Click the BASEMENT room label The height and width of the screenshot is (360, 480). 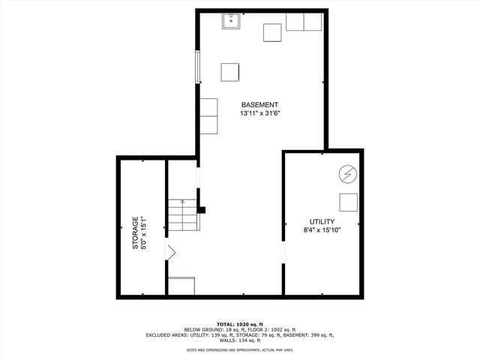259,104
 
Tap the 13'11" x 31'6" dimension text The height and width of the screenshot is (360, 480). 259,113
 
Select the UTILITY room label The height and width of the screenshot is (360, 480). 322,222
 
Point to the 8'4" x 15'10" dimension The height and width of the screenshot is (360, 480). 322,231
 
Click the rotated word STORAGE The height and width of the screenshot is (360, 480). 136,233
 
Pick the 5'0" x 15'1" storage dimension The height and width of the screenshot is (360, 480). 145,233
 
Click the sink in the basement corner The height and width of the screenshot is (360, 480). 230,20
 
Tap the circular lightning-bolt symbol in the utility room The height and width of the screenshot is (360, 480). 346,173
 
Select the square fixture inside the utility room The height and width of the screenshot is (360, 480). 348,202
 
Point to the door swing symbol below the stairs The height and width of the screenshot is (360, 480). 171,253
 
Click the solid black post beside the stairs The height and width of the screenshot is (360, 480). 201,211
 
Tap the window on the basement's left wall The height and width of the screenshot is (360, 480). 198,67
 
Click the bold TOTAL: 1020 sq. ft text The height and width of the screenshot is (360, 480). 239,323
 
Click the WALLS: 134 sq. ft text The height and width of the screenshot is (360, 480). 239,340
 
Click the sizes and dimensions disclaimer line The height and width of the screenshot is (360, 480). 239,349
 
